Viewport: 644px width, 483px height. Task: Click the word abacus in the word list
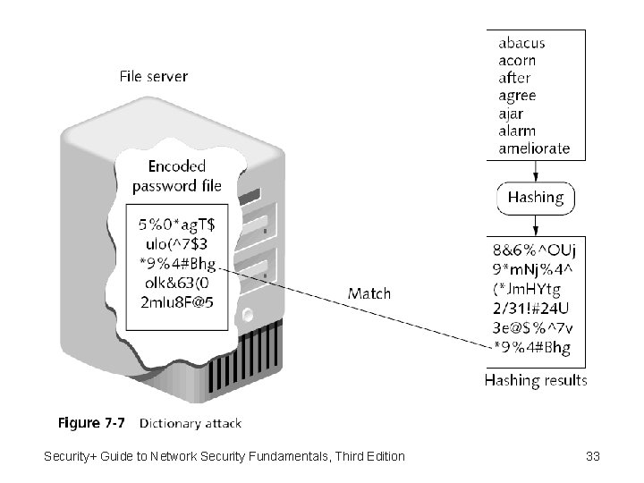pyautogui.click(x=521, y=43)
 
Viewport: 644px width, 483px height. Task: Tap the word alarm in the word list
pyautogui.click(x=517, y=131)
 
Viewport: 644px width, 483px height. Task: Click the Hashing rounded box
pyautogui.click(x=536, y=197)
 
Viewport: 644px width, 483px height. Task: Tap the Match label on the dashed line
pyautogui.click(x=369, y=292)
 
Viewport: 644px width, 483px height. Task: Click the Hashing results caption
pyautogui.click(x=536, y=380)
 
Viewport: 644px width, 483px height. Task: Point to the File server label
pyautogui.click(x=154, y=76)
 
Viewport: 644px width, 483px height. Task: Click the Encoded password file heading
pyautogui.click(x=176, y=176)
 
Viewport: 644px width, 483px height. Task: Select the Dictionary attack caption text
pyautogui.click(x=190, y=422)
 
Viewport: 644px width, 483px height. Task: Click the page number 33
pyautogui.click(x=592, y=457)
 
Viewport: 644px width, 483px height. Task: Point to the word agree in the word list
pyautogui.click(x=517, y=96)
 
